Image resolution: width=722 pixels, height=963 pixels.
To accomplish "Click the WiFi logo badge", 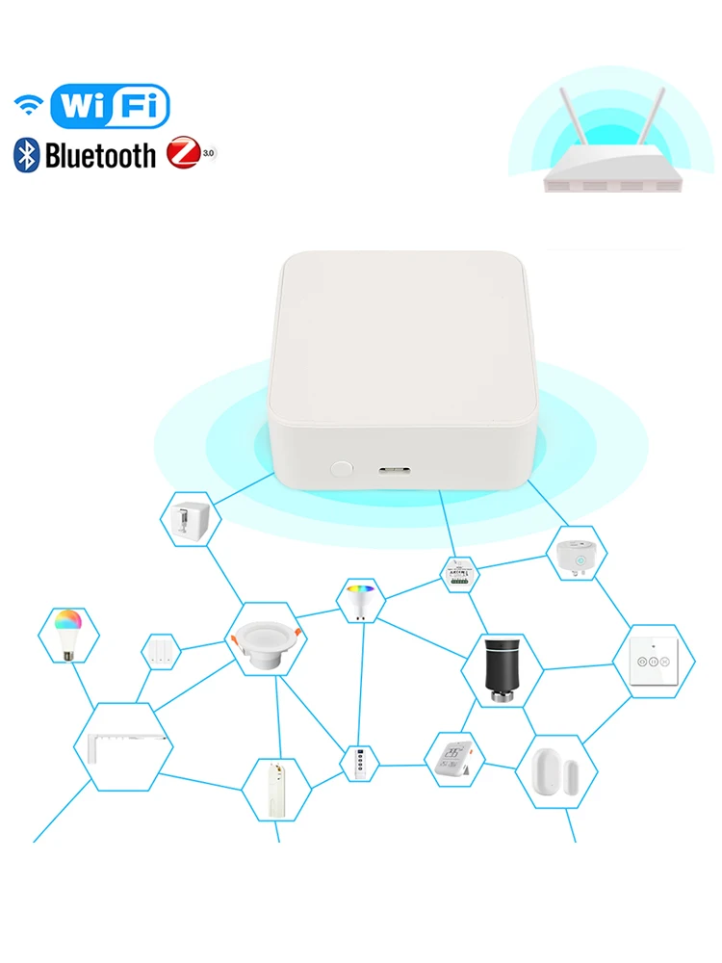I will [109, 105].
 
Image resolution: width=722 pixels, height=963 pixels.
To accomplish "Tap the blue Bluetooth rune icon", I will [26, 155].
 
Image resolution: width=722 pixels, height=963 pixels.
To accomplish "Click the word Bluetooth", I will [100, 155].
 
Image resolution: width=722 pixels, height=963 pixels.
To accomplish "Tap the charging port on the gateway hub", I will [394, 471].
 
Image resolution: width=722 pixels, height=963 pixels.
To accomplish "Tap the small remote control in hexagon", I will [359, 763].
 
